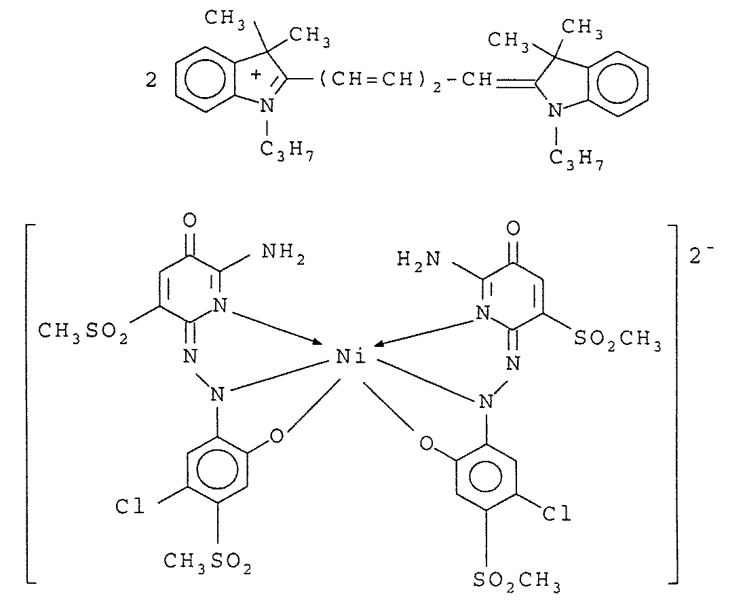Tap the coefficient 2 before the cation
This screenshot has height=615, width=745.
(x=151, y=81)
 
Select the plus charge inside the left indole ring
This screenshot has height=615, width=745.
(x=255, y=73)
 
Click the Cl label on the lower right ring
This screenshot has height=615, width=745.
(x=556, y=514)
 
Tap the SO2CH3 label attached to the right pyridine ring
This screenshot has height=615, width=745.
(x=617, y=337)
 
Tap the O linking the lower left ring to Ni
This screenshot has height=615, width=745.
(x=275, y=436)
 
